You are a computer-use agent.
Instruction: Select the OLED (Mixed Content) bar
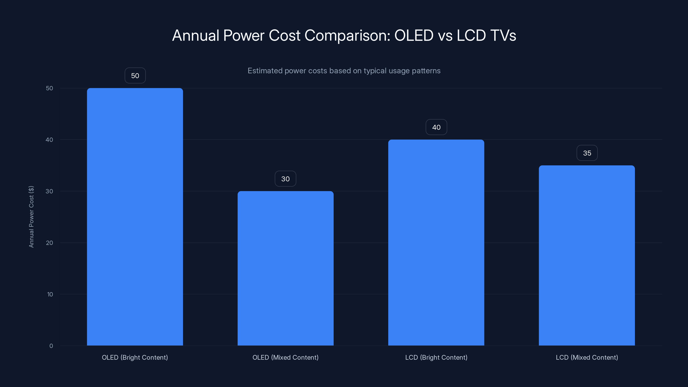286,268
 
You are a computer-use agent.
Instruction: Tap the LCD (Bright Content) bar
436,243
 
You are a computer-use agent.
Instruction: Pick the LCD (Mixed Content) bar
587,255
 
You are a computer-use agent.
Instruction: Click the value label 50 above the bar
135,76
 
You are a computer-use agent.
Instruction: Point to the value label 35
587,153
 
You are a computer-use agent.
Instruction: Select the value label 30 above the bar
286,179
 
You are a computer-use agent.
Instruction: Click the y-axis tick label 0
51,346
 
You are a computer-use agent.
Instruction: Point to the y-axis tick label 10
50,294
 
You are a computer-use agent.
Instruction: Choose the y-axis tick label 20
49,243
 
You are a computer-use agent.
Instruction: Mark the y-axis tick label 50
49,88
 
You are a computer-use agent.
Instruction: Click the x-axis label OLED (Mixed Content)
286,357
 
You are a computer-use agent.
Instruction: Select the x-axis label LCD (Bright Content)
436,357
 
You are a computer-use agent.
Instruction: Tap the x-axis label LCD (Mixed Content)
587,357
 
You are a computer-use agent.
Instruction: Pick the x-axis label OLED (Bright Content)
135,357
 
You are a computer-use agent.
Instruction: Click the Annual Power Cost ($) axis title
31,217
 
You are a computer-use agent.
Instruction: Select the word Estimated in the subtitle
265,71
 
